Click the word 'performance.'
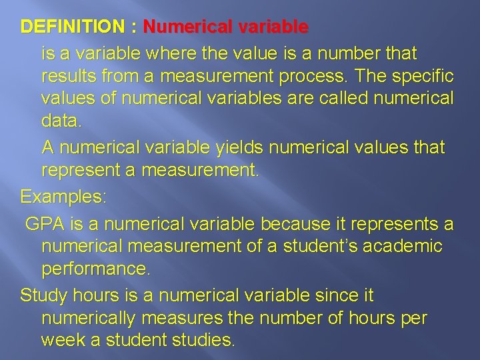(x=97, y=270)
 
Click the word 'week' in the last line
(x=63, y=341)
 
